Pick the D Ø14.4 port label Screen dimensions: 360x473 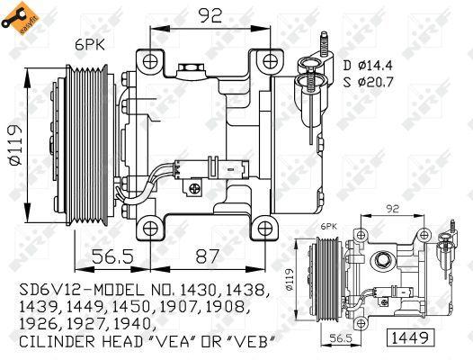click(x=368, y=64)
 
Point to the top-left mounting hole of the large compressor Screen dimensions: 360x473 click(x=150, y=60)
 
